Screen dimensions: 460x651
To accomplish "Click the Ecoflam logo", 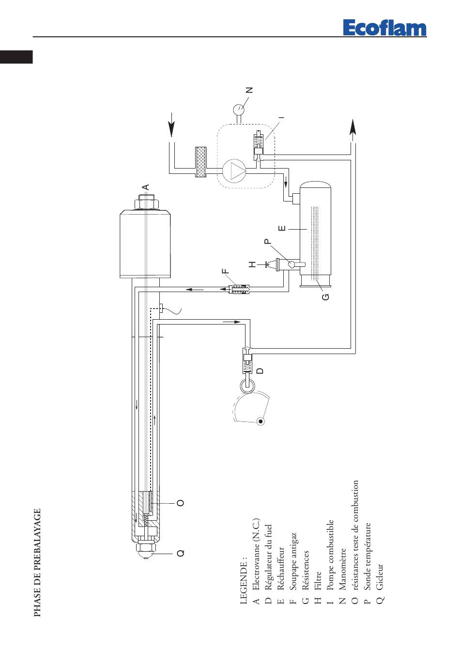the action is coord(384,28).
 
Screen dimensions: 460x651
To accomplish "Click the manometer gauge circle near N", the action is coord(239,109).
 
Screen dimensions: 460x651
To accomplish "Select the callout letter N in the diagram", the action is coord(249,90).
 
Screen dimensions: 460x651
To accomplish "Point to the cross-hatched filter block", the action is coord(201,162).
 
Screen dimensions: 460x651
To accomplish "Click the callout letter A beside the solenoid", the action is coord(146,187).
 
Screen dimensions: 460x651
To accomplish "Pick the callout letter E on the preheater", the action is coord(282,228).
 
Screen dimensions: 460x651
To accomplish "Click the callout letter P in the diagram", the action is coord(267,241).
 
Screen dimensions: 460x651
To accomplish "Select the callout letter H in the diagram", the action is coord(252,264).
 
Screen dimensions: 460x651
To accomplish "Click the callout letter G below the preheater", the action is coord(326,297).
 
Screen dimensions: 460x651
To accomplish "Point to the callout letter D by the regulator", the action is coord(261,371).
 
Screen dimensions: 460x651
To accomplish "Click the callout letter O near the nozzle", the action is coord(181,503).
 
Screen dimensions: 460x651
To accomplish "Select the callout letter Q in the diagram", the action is coord(181,553).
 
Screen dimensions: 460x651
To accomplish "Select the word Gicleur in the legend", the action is coord(380,576).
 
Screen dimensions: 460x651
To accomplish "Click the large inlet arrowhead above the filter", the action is coord(172,124).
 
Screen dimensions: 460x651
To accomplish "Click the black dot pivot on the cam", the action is coord(261,421).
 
